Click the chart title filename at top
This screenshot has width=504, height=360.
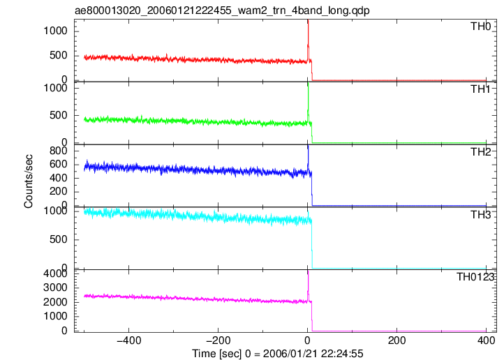(x=222, y=10)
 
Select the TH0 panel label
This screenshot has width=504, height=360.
(x=481, y=27)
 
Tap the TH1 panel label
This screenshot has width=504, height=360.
(x=481, y=89)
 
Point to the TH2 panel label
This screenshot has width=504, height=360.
(x=481, y=151)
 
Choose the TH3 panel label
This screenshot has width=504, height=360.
(x=481, y=214)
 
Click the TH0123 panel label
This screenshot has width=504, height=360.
(x=475, y=276)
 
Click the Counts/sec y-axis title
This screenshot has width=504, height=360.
(x=29, y=181)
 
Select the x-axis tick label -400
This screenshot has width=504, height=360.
(x=129, y=340)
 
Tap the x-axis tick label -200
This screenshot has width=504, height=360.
(x=218, y=340)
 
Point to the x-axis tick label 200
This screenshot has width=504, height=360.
(x=397, y=340)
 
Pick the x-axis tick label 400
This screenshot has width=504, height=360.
(x=486, y=340)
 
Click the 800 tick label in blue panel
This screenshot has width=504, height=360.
(x=58, y=151)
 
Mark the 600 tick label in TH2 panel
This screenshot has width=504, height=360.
(x=58, y=164)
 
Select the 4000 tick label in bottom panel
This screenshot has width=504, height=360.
(x=55, y=273)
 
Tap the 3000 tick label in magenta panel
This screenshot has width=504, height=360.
(x=55, y=287)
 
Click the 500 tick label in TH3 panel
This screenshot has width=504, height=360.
(x=58, y=239)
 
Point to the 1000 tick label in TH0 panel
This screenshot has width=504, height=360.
(x=55, y=31)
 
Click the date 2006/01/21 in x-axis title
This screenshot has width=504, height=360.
(x=294, y=354)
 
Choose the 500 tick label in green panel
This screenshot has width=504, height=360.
(x=58, y=115)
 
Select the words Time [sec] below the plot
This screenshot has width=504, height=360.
(x=216, y=354)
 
